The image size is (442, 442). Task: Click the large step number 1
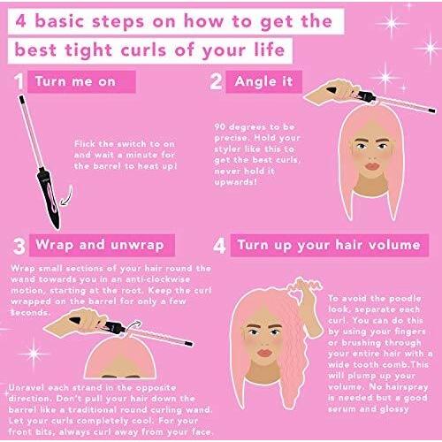coord(19,81)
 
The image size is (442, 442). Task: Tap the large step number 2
coord(216,81)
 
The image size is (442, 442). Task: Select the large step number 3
coord(19,246)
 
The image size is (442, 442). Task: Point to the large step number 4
coord(219,246)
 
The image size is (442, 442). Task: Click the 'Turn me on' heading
coord(75,81)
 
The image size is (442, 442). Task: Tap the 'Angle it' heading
coord(263,81)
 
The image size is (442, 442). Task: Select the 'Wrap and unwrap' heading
coord(100,245)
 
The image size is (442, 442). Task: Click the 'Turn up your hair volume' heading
coord(329,245)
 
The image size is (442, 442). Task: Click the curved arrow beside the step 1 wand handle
coord(68,197)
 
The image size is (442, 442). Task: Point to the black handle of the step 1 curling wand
coord(49,197)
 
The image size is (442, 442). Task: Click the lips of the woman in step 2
coord(372,167)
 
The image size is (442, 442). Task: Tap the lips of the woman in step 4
coord(264,353)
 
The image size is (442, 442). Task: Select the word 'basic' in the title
coord(59,21)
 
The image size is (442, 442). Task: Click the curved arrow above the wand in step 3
coord(133,326)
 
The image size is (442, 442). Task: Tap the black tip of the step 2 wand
coord(431,110)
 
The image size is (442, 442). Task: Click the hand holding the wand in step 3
coord(77,322)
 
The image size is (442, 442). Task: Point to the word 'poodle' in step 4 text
coord(405,299)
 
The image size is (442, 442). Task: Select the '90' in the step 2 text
coord(220,127)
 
